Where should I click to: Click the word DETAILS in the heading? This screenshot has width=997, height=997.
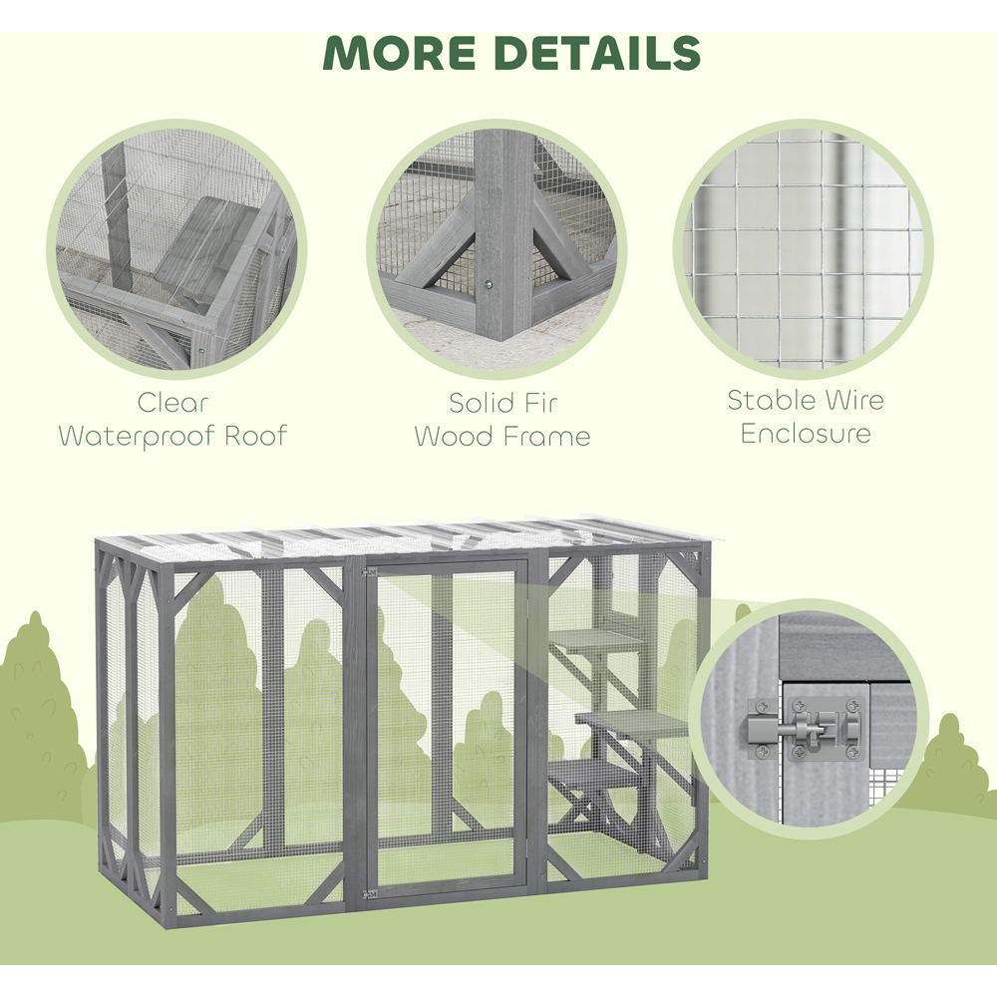[x=597, y=53]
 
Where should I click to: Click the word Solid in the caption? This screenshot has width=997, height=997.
[x=478, y=403]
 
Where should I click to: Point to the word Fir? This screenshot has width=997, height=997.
[x=539, y=403]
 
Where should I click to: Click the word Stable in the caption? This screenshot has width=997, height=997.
[x=770, y=401]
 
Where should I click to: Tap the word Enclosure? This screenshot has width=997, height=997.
[x=805, y=434]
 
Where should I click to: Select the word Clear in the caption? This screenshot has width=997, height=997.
[x=172, y=403]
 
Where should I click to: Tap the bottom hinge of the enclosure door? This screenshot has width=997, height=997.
[x=370, y=894]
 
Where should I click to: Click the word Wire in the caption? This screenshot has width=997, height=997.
[x=854, y=401]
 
